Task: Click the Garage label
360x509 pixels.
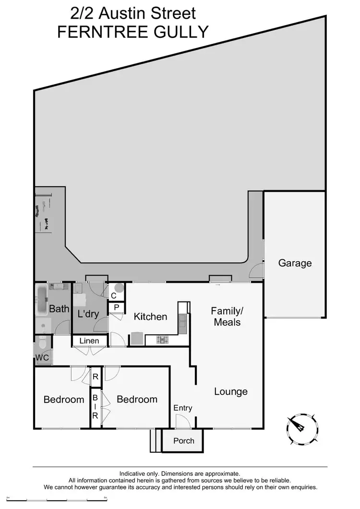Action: (295, 263)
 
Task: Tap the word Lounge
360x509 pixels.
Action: (230, 392)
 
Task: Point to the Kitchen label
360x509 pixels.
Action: (150, 317)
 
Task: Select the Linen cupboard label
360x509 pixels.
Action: (89, 341)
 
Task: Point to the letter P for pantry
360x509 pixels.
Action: (117, 307)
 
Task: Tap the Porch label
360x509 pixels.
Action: (183, 441)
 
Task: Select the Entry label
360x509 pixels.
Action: (182, 408)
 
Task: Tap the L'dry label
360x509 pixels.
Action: (88, 315)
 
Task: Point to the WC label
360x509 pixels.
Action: (42, 358)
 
